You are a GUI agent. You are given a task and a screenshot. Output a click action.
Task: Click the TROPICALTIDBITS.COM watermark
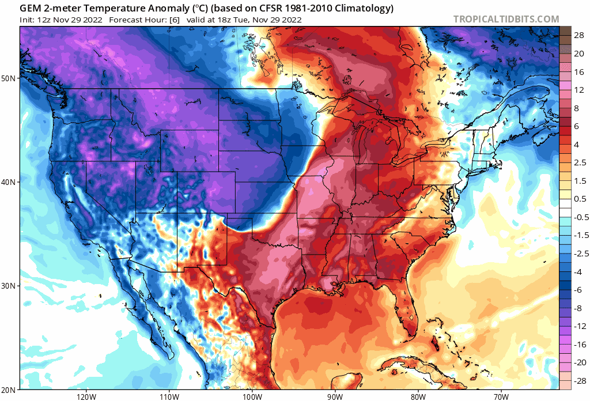[x=506, y=19]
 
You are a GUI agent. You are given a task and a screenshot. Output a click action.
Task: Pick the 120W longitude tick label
[x=85, y=396]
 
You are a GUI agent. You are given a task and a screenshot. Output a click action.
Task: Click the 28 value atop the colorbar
[x=578, y=36]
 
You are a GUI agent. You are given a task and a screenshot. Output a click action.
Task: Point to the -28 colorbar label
[x=577, y=381]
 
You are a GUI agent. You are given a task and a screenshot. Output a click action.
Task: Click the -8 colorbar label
[x=577, y=308]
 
